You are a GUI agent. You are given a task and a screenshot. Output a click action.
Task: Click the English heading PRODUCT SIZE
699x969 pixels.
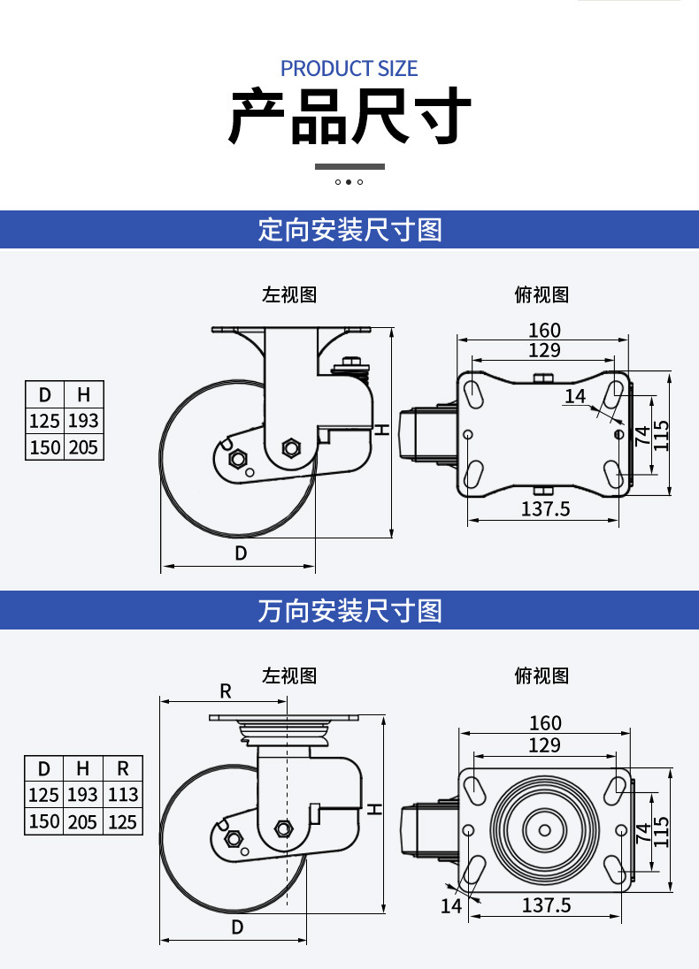pos(349,68)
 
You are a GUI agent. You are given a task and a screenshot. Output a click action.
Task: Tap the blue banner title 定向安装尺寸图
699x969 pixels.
pos(350,230)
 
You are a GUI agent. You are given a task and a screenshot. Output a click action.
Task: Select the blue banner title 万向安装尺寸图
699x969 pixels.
pos(350,611)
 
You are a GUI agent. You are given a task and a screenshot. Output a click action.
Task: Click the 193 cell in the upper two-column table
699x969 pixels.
pos(83,421)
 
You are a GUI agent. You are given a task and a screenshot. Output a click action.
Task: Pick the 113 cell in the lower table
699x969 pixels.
pos(122,795)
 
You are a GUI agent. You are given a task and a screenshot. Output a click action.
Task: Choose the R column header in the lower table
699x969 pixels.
pos(122,768)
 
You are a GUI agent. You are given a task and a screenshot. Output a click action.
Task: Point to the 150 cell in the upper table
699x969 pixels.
pos(44,446)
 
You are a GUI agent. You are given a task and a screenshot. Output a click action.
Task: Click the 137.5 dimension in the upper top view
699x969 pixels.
pos(545,508)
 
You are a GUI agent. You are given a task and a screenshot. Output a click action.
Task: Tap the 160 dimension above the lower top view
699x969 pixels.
pos(545,722)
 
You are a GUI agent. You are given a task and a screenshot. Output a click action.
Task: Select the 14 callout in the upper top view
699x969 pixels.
pos(574,396)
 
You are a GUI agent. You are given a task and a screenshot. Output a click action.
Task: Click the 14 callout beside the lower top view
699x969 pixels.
pos(451,906)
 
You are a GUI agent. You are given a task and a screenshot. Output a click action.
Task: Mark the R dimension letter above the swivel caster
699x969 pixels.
pos(225,691)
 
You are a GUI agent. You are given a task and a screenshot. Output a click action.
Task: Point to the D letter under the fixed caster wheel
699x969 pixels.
pos(241,553)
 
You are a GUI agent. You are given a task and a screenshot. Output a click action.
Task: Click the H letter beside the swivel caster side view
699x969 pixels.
pos(375,810)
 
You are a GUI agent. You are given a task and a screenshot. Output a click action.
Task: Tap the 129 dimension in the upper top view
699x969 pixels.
pos(544,350)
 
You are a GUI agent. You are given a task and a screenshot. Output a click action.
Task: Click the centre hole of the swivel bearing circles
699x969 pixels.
pos(544,830)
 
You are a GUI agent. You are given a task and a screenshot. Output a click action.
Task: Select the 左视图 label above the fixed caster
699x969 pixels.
pos(289,294)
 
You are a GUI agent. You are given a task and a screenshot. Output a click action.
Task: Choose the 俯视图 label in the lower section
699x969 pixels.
pos(542,675)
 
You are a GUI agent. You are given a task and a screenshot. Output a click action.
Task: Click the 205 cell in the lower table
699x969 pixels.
pos(83,822)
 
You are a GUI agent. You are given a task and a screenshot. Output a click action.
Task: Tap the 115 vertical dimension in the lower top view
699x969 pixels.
pos(661,831)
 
